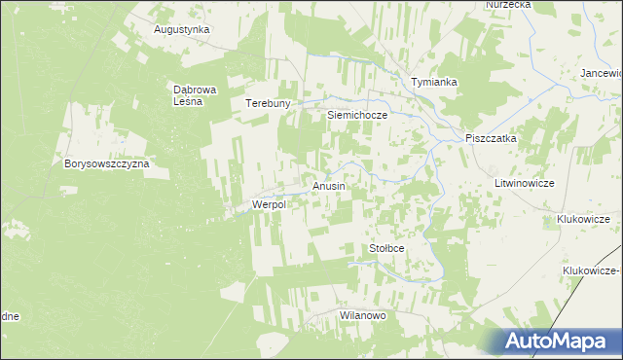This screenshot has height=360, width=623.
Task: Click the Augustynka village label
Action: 182,29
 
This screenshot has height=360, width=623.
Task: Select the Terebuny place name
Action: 269,104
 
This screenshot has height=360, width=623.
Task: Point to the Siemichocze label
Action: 357,115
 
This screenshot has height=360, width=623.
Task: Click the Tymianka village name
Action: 434,83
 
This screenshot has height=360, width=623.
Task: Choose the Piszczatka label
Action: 491,139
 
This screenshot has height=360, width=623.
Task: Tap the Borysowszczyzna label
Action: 106,164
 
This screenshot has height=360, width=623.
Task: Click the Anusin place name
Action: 328,185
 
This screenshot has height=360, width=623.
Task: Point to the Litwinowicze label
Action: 524,183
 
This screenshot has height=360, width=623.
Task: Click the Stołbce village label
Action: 386,249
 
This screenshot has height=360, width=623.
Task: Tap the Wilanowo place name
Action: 363,316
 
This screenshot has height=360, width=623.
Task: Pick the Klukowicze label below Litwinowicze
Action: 588,220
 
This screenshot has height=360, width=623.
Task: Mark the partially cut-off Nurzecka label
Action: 508,5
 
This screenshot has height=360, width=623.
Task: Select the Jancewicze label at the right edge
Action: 601,74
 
